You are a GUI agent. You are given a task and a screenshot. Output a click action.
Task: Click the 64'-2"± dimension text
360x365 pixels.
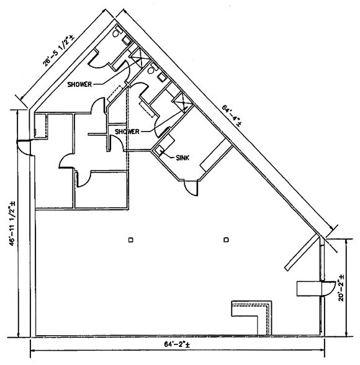coord(177,345)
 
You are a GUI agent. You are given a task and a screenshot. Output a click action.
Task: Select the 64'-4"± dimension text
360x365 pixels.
coord(231,115)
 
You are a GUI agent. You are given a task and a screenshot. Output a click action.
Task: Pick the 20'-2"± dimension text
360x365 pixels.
coord(341,288)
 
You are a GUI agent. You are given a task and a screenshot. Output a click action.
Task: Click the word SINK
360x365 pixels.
coord(182,158)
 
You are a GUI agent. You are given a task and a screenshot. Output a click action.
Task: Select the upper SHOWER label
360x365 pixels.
coord(79,84)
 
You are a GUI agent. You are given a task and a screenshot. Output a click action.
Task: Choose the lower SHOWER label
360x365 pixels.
coord(127,132)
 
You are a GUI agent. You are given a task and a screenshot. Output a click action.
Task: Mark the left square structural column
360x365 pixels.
coord(131,240)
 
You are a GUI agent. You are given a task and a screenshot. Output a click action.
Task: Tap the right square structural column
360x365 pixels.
coord(226,240)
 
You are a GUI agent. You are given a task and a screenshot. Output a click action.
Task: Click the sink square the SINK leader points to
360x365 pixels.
coord(159,150)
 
